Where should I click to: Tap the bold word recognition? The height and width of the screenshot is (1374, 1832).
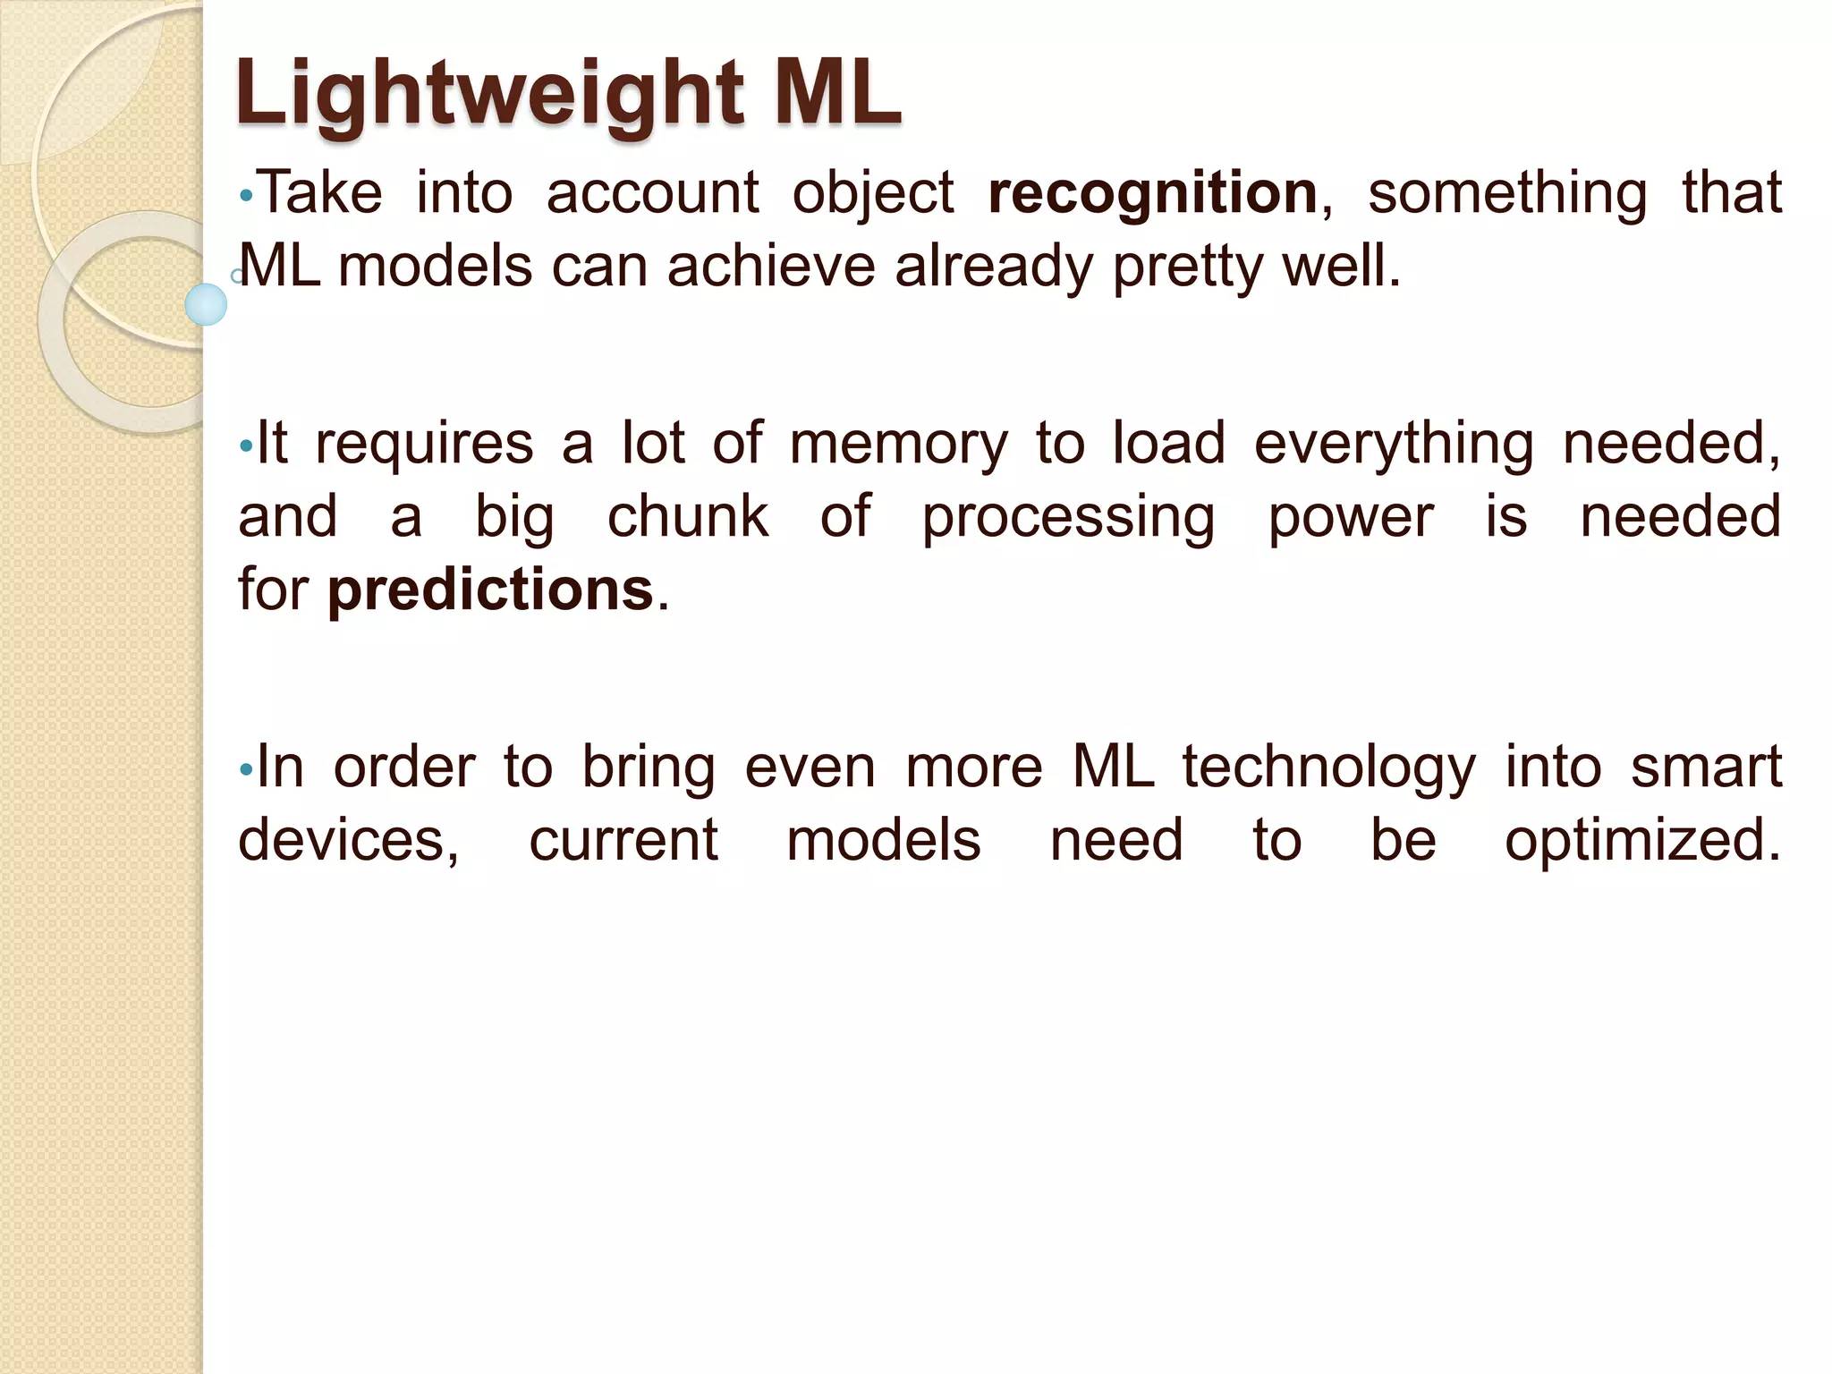1152,194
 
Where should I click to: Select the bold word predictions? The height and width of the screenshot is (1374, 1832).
490,590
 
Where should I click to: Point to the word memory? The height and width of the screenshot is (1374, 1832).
898,445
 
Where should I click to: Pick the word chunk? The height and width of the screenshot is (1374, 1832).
687,517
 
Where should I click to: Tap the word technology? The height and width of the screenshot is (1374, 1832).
1328,768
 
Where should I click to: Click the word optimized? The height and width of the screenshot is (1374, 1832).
1641,842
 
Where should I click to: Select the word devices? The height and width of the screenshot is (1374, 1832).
348,842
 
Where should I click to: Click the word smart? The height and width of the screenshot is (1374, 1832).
1706,768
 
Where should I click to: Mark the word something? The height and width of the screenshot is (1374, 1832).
1507,194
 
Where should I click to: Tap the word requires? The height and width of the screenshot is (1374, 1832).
424,445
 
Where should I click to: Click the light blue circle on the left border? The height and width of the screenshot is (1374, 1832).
206,304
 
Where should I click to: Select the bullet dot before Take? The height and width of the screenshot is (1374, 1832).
246,197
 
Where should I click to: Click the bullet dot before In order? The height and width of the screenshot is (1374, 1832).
246,770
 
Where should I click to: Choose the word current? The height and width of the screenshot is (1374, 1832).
623,842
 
